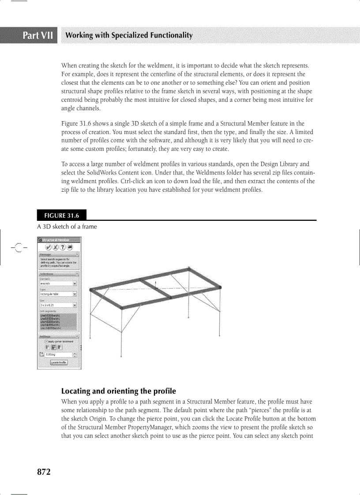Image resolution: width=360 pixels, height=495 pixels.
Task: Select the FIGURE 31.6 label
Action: tap(61, 216)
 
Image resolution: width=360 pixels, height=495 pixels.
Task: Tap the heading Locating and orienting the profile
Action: tap(118, 391)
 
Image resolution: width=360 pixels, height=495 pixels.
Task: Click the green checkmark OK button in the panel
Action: tap(49, 247)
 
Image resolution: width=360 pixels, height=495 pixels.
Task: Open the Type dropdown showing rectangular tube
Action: tap(75, 294)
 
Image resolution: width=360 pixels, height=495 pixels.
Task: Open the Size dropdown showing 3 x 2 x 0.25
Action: tap(75, 305)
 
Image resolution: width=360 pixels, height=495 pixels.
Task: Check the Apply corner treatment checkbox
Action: tap(46, 341)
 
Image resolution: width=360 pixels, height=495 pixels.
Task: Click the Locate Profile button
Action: tap(59, 362)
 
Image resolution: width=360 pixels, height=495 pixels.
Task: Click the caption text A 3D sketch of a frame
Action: tap(67, 227)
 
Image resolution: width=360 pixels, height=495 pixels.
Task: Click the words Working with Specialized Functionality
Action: tap(128, 35)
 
